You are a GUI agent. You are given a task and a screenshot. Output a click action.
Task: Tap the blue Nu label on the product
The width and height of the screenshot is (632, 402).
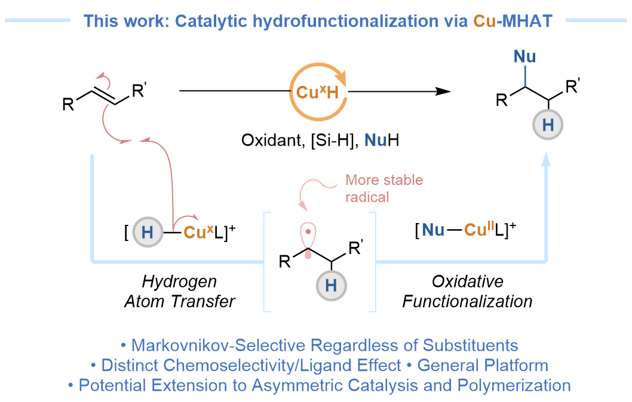click(x=524, y=57)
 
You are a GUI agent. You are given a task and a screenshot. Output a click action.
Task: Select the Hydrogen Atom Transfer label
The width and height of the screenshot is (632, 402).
click(x=179, y=292)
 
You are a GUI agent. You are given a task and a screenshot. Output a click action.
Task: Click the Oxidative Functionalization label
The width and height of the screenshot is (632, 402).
click(x=467, y=292)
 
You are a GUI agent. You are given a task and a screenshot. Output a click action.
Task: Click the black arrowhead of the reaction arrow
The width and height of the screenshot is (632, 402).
click(x=443, y=91)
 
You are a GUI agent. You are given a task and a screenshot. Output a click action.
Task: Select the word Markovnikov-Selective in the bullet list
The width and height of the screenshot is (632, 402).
click(x=221, y=345)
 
